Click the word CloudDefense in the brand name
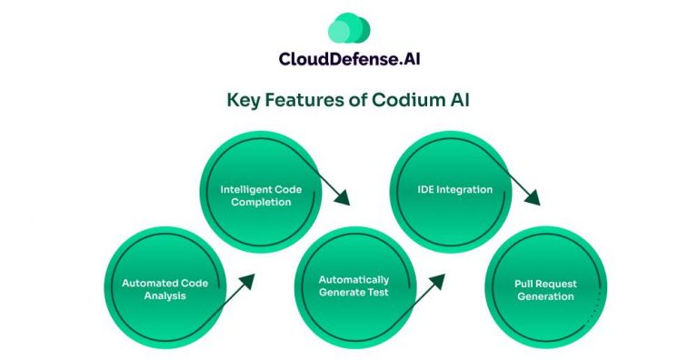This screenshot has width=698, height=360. (330, 59)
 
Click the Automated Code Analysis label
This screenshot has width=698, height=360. (165, 289)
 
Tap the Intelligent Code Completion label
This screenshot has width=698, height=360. (261, 195)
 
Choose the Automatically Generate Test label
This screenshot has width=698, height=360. (354, 285)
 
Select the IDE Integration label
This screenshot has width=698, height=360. (447, 190)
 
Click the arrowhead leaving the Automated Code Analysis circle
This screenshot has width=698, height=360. (247, 278)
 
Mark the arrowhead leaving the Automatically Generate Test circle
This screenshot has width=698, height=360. (437, 278)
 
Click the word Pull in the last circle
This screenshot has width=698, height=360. (516, 283)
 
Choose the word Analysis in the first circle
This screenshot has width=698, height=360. (165, 295)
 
